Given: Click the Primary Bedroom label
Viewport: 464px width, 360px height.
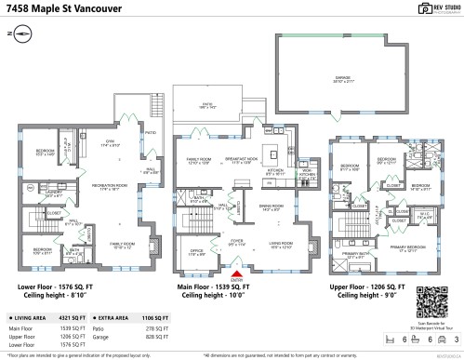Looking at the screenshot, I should [403, 248].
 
